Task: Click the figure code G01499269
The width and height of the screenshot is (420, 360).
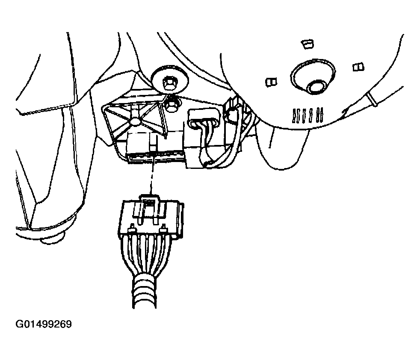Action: click(x=44, y=324)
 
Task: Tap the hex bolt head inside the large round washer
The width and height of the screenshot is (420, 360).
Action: click(x=169, y=83)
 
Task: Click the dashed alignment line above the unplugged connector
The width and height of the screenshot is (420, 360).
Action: click(x=152, y=178)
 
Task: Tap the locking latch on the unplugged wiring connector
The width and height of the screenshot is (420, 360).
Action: click(x=149, y=210)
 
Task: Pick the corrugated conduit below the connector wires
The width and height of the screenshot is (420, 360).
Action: click(x=145, y=292)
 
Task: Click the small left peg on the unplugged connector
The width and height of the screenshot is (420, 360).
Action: click(x=132, y=229)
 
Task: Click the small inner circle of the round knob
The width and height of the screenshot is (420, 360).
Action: click(x=316, y=87)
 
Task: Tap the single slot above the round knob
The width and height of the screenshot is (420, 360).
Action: click(x=308, y=44)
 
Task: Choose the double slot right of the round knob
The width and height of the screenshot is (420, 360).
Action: click(x=358, y=67)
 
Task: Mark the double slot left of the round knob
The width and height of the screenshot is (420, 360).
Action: click(x=271, y=82)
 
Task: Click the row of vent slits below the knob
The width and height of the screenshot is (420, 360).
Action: click(x=308, y=115)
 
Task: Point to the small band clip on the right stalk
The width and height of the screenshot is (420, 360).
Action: click(x=372, y=98)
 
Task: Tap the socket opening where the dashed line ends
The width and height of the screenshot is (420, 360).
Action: click(x=155, y=157)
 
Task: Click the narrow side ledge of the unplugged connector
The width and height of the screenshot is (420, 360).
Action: click(x=182, y=220)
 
